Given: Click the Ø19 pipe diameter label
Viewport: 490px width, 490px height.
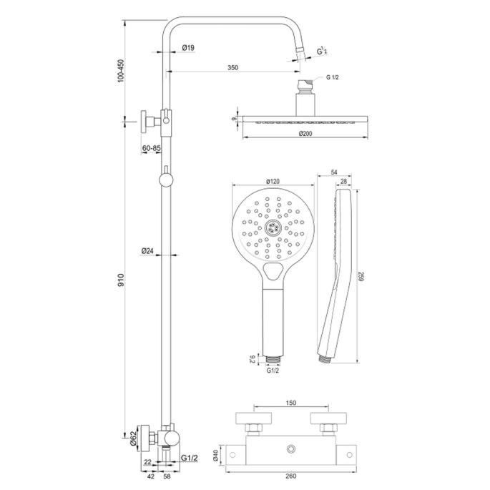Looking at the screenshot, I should [x=189, y=47].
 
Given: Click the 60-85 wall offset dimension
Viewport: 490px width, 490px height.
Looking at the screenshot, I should [x=152, y=147].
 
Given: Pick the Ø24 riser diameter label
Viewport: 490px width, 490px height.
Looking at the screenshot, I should [x=148, y=250].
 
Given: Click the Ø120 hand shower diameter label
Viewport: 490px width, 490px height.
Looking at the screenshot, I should [x=273, y=181].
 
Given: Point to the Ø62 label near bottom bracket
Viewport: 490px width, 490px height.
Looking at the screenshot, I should [x=132, y=436].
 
